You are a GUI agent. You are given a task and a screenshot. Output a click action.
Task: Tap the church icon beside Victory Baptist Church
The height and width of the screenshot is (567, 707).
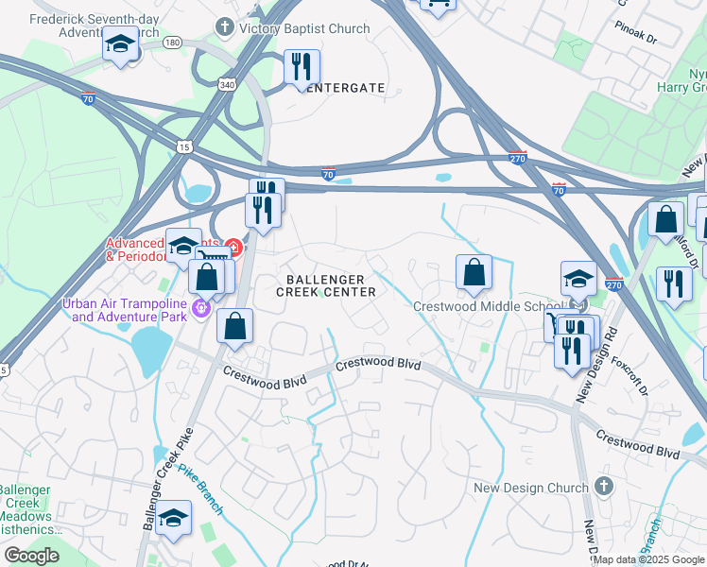(225, 28)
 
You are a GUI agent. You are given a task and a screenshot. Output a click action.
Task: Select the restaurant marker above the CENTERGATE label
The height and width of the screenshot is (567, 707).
(302, 67)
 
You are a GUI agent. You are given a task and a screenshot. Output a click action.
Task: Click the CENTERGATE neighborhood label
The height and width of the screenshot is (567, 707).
(341, 88)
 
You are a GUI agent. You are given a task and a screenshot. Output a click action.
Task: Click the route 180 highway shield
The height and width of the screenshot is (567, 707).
(172, 43)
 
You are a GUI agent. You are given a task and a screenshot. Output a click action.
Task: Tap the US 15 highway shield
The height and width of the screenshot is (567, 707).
(183, 146)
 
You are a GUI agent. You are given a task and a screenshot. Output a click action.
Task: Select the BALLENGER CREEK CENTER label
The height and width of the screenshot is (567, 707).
(325, 285)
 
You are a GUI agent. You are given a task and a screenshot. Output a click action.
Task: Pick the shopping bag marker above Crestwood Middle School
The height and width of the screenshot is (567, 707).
(474, 273)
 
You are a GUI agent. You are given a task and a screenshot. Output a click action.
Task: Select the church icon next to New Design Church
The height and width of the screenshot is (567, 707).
(604, 488)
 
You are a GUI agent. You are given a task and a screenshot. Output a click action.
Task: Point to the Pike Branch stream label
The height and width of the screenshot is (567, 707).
(200, 490)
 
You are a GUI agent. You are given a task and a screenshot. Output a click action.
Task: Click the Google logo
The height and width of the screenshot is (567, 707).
(31, 556)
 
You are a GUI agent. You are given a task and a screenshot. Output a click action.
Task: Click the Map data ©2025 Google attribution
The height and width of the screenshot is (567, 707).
(648, 559)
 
